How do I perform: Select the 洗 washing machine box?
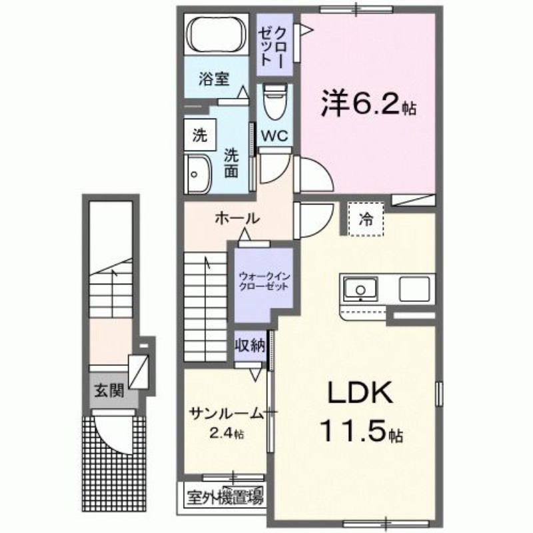tap(199, 136)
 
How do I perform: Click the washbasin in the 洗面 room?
tap(197, 175)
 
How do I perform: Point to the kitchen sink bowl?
tap(360, 290)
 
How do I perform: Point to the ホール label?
tap(237, 218)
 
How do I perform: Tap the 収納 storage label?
tap(250, 345)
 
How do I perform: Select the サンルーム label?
tap(226, 413)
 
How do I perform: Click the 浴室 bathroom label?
tap(213, 79)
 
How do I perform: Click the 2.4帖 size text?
tap(226, 434)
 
